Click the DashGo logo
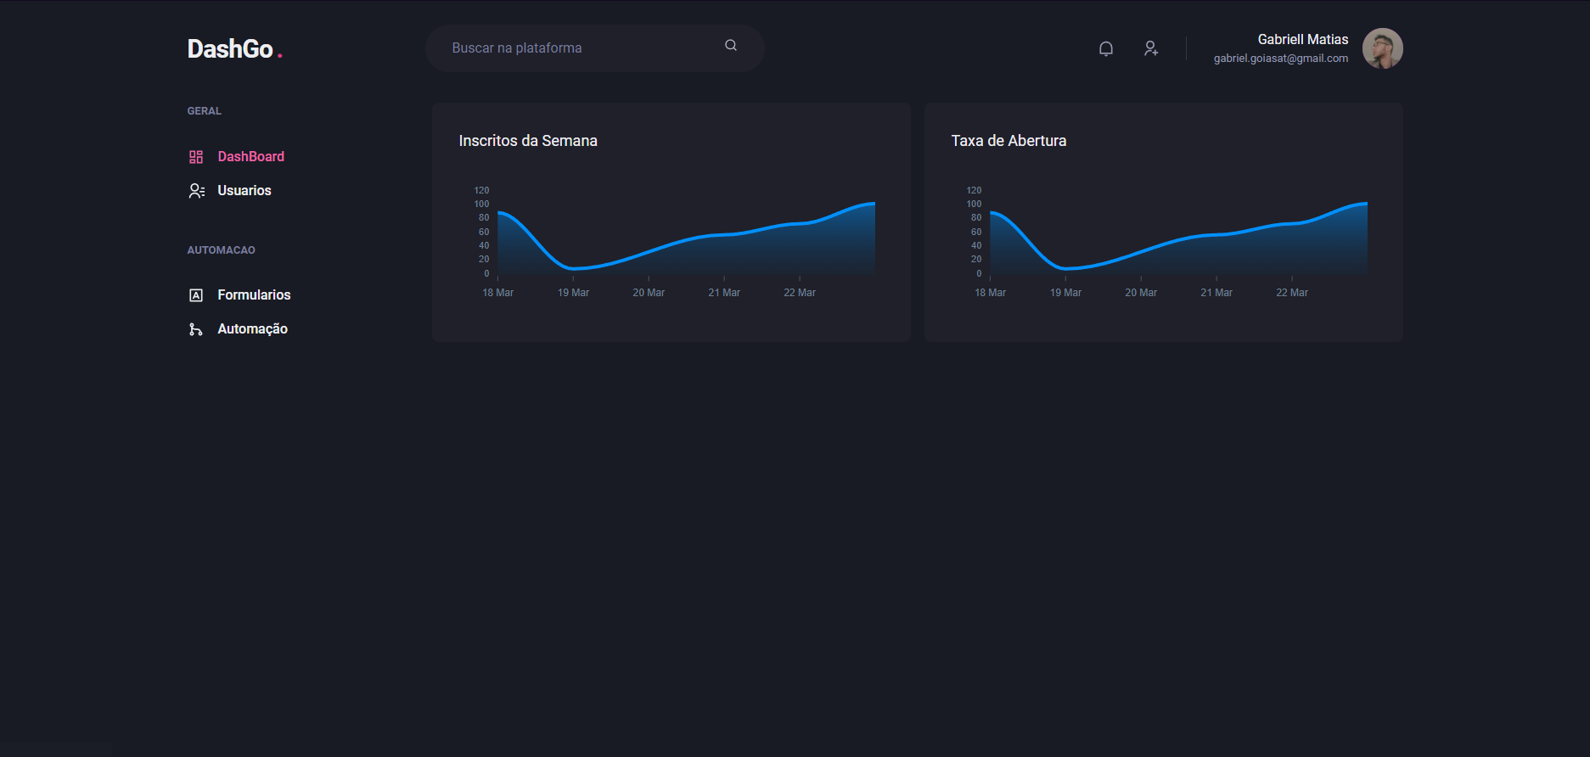(x=231, y=49)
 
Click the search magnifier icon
(x=730, y=46)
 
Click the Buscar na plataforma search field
(x=577, y=48)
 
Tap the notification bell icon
(x=1105, y=49)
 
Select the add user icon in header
(x=1150, y=49)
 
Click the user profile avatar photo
(x=1382, y=48)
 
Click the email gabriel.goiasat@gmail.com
(x=1280, y=59)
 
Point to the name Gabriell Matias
(x=1302, y=40)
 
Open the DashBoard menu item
(x=250, y=157)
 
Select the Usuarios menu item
(x=244, y=191)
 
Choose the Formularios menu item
(x=253, y=295)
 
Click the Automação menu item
(x=252, y=329)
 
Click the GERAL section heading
(x=204, y=111)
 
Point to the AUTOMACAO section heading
(x=221, y=250)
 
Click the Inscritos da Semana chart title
(x=527, y=141)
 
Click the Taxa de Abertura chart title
(x=1008, y=141)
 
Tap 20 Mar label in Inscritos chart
(x=649, y=293)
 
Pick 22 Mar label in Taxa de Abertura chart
(x=1291, y=293)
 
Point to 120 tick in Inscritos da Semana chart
(x=481, y=190)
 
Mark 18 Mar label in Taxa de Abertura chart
(x=990, y=293)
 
